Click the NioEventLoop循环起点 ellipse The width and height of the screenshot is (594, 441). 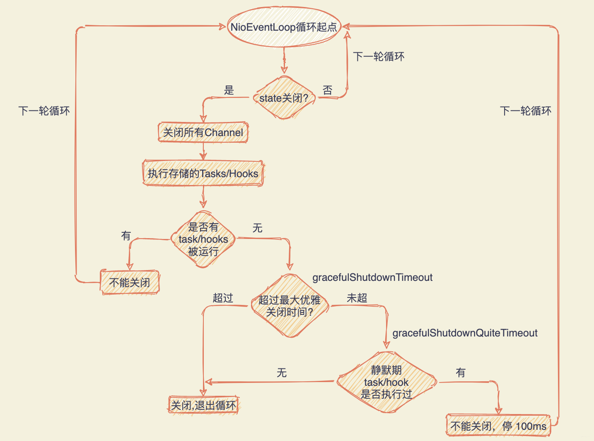[284, 27]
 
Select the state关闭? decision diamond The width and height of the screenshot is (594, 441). [284, 98]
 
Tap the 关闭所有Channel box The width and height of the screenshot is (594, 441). [203, 132]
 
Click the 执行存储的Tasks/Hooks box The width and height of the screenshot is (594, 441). [203, 173]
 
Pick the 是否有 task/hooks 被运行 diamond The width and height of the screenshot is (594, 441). [203, 239]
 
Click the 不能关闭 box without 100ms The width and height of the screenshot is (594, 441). [130, 283]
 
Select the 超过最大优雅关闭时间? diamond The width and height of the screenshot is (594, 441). [290, 306]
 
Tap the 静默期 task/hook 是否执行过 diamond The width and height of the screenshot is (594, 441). [386, 382]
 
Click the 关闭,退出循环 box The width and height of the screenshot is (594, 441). [204, 405]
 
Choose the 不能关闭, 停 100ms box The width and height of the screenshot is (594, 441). [498, 426]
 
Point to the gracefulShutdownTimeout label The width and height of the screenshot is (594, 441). [372, 278]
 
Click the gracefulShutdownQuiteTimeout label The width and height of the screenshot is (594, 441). [465, 333]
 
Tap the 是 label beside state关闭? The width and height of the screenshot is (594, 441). [229, 90]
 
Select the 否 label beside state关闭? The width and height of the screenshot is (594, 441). [328, 90]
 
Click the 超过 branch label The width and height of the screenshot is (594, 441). [223, 298]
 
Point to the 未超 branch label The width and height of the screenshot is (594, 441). [357, 298]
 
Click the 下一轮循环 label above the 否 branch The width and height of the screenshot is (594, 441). [379, 56]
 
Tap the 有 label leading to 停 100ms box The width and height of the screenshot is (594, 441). [461, 373]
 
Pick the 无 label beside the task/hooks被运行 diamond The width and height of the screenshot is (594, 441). [258, 228]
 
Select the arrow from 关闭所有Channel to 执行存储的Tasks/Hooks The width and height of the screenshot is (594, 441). [203, 151]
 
